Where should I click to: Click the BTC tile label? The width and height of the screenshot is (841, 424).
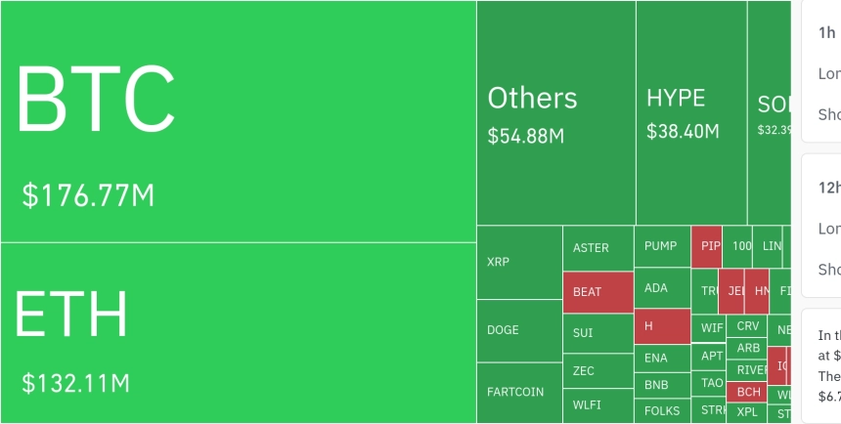tap(95, 100)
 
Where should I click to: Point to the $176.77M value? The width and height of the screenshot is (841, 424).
tap(88, 195)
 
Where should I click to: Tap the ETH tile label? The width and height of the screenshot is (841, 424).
tap(71, 314)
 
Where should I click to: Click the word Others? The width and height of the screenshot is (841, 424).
tap(532, 99)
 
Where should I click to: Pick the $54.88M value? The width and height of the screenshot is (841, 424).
tap(526, 136)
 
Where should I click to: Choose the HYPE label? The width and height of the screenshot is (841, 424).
tap(676, 98)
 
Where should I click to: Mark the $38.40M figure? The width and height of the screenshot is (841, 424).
tap(683, 131)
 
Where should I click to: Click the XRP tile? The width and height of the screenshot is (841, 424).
tap(518, 262)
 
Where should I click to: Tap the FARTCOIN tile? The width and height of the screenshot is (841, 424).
tap(518, 393)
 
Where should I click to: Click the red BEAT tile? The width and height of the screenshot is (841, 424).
tap(598, 292)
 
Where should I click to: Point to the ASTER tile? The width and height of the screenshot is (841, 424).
tap(598, 248)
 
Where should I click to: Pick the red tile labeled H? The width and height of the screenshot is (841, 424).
tap(662, 325)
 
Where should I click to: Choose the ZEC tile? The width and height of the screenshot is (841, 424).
tap(598, 371)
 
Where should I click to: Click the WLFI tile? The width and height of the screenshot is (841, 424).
tap(598, 403)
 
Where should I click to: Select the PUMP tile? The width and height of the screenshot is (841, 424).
tap(662, 246)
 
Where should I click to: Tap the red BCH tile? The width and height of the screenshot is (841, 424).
tap(749, 392)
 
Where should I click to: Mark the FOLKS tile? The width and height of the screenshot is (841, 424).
tap(662, 410)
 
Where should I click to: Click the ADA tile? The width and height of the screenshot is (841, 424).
tap(662, 288)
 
